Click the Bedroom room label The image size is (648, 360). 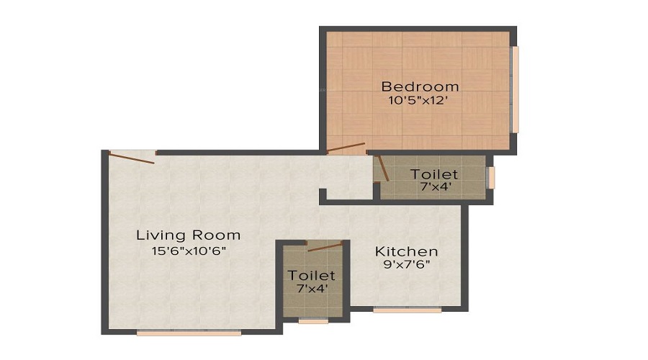tap(420, 86)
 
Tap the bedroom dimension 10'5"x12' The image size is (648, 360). tap(418, 100)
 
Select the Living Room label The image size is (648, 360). tap(189, 235)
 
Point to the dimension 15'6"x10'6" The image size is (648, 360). tap(189, 251)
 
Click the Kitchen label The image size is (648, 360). tap(406, 251)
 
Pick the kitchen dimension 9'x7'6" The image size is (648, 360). tap(407, 264)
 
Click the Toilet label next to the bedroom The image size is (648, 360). tap(434, 174)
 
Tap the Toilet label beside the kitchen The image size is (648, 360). tap(311, 275)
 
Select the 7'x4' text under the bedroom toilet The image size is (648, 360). tap(436, 186)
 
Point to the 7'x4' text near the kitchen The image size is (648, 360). tap(312, 288)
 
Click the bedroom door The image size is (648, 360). tap(346, 148)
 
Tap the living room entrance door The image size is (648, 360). tap(132, 158)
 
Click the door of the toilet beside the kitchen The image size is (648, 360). tap(325, 247)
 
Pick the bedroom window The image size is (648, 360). tap(515, 89)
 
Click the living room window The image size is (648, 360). tap(189, 333)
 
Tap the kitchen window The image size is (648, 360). tap(407, 310)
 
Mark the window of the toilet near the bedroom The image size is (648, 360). tap(491, 178)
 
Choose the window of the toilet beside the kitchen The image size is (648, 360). tap(313, 320)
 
